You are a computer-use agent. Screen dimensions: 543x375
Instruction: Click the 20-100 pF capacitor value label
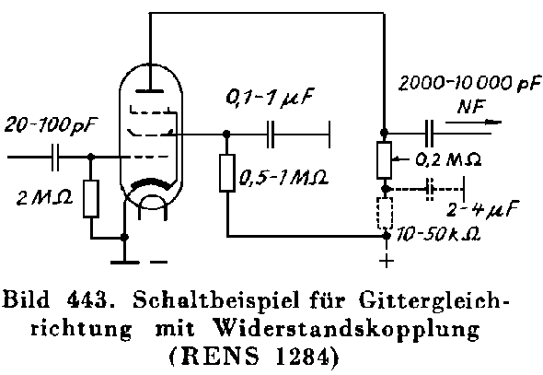click(51, 125)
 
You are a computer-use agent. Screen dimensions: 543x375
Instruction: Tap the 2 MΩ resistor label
click(45, 198)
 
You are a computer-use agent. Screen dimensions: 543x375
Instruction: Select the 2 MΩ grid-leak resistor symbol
click(91, 199)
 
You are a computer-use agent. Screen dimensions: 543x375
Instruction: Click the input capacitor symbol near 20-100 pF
click(55, 158)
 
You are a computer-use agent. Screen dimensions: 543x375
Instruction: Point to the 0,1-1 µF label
click(270, 98)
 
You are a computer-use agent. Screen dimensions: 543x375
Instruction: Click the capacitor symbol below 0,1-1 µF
click(271, 135)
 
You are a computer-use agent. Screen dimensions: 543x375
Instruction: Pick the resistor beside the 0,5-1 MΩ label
click(227, 172)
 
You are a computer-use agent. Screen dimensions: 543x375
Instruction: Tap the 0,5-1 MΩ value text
click(283, 178)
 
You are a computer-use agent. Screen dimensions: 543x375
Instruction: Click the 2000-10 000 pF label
click(470, 84)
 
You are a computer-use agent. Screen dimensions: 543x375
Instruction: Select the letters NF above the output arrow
click(471, 106)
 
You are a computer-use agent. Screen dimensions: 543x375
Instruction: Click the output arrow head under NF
click(493, 122)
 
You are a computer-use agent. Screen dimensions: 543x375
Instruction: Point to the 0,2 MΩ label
click(448, 159)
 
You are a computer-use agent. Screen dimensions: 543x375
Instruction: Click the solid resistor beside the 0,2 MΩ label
click(384, 159)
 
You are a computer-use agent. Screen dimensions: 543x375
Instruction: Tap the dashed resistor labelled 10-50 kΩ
click(385, 213)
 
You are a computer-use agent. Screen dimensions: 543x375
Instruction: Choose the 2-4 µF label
click(483, 208)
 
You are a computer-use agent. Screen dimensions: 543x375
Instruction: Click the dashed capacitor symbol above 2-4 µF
click(430, 189)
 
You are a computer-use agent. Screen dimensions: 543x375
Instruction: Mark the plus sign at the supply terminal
click(387, 260)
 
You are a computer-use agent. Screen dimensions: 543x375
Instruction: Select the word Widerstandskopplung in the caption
click(347, 328)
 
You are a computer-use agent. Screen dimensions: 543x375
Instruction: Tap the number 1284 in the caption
click(302, 357)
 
